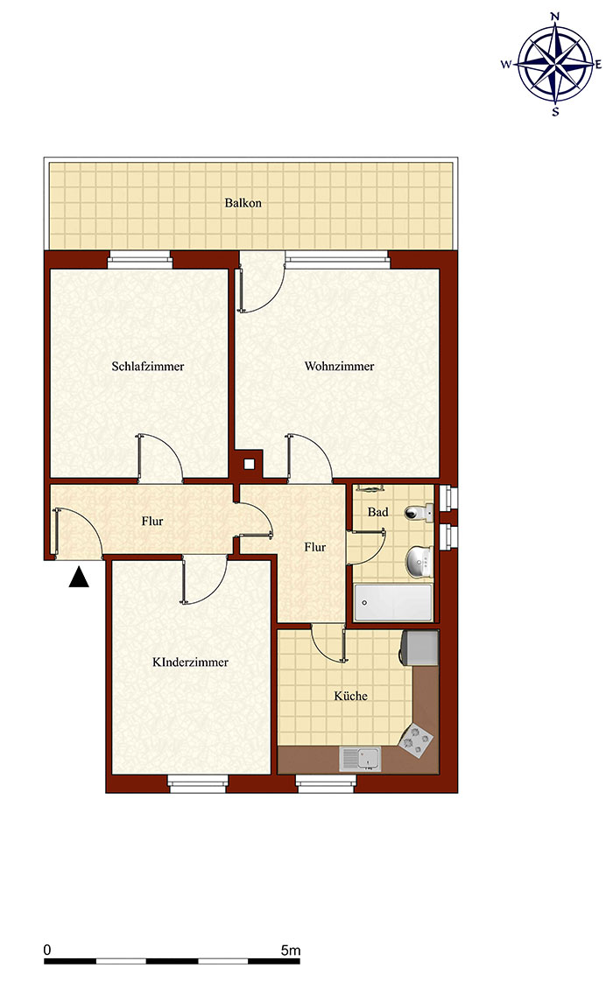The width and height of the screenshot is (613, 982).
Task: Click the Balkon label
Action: (243, 203)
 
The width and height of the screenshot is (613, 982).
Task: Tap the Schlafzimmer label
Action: (148, 367)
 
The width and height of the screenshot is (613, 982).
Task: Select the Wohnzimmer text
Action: (339, 367)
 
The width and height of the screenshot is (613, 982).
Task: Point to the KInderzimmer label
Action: (191, 662)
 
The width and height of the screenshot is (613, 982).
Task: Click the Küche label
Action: (350, 696)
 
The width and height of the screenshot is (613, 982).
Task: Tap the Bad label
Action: (378, 512)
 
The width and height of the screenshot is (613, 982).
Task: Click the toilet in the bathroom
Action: (419, 513)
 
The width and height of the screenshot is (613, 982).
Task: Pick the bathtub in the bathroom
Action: (393, 602)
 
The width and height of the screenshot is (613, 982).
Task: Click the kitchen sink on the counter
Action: (360, 759)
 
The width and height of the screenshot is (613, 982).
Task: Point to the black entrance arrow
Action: (79, 578)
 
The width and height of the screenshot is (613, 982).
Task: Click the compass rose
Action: (554, 63)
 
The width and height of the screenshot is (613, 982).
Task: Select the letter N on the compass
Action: (554, 17)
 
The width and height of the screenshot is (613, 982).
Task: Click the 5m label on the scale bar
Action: (291, 950)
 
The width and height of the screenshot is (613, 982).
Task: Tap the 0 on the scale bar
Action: (47, 950)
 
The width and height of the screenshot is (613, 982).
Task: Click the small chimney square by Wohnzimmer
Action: (249, 464)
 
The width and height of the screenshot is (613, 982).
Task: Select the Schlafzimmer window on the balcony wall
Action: (140, 260)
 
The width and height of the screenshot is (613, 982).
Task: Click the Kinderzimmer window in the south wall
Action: (197, 782)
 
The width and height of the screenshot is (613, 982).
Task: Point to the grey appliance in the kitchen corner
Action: (419, 647)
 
